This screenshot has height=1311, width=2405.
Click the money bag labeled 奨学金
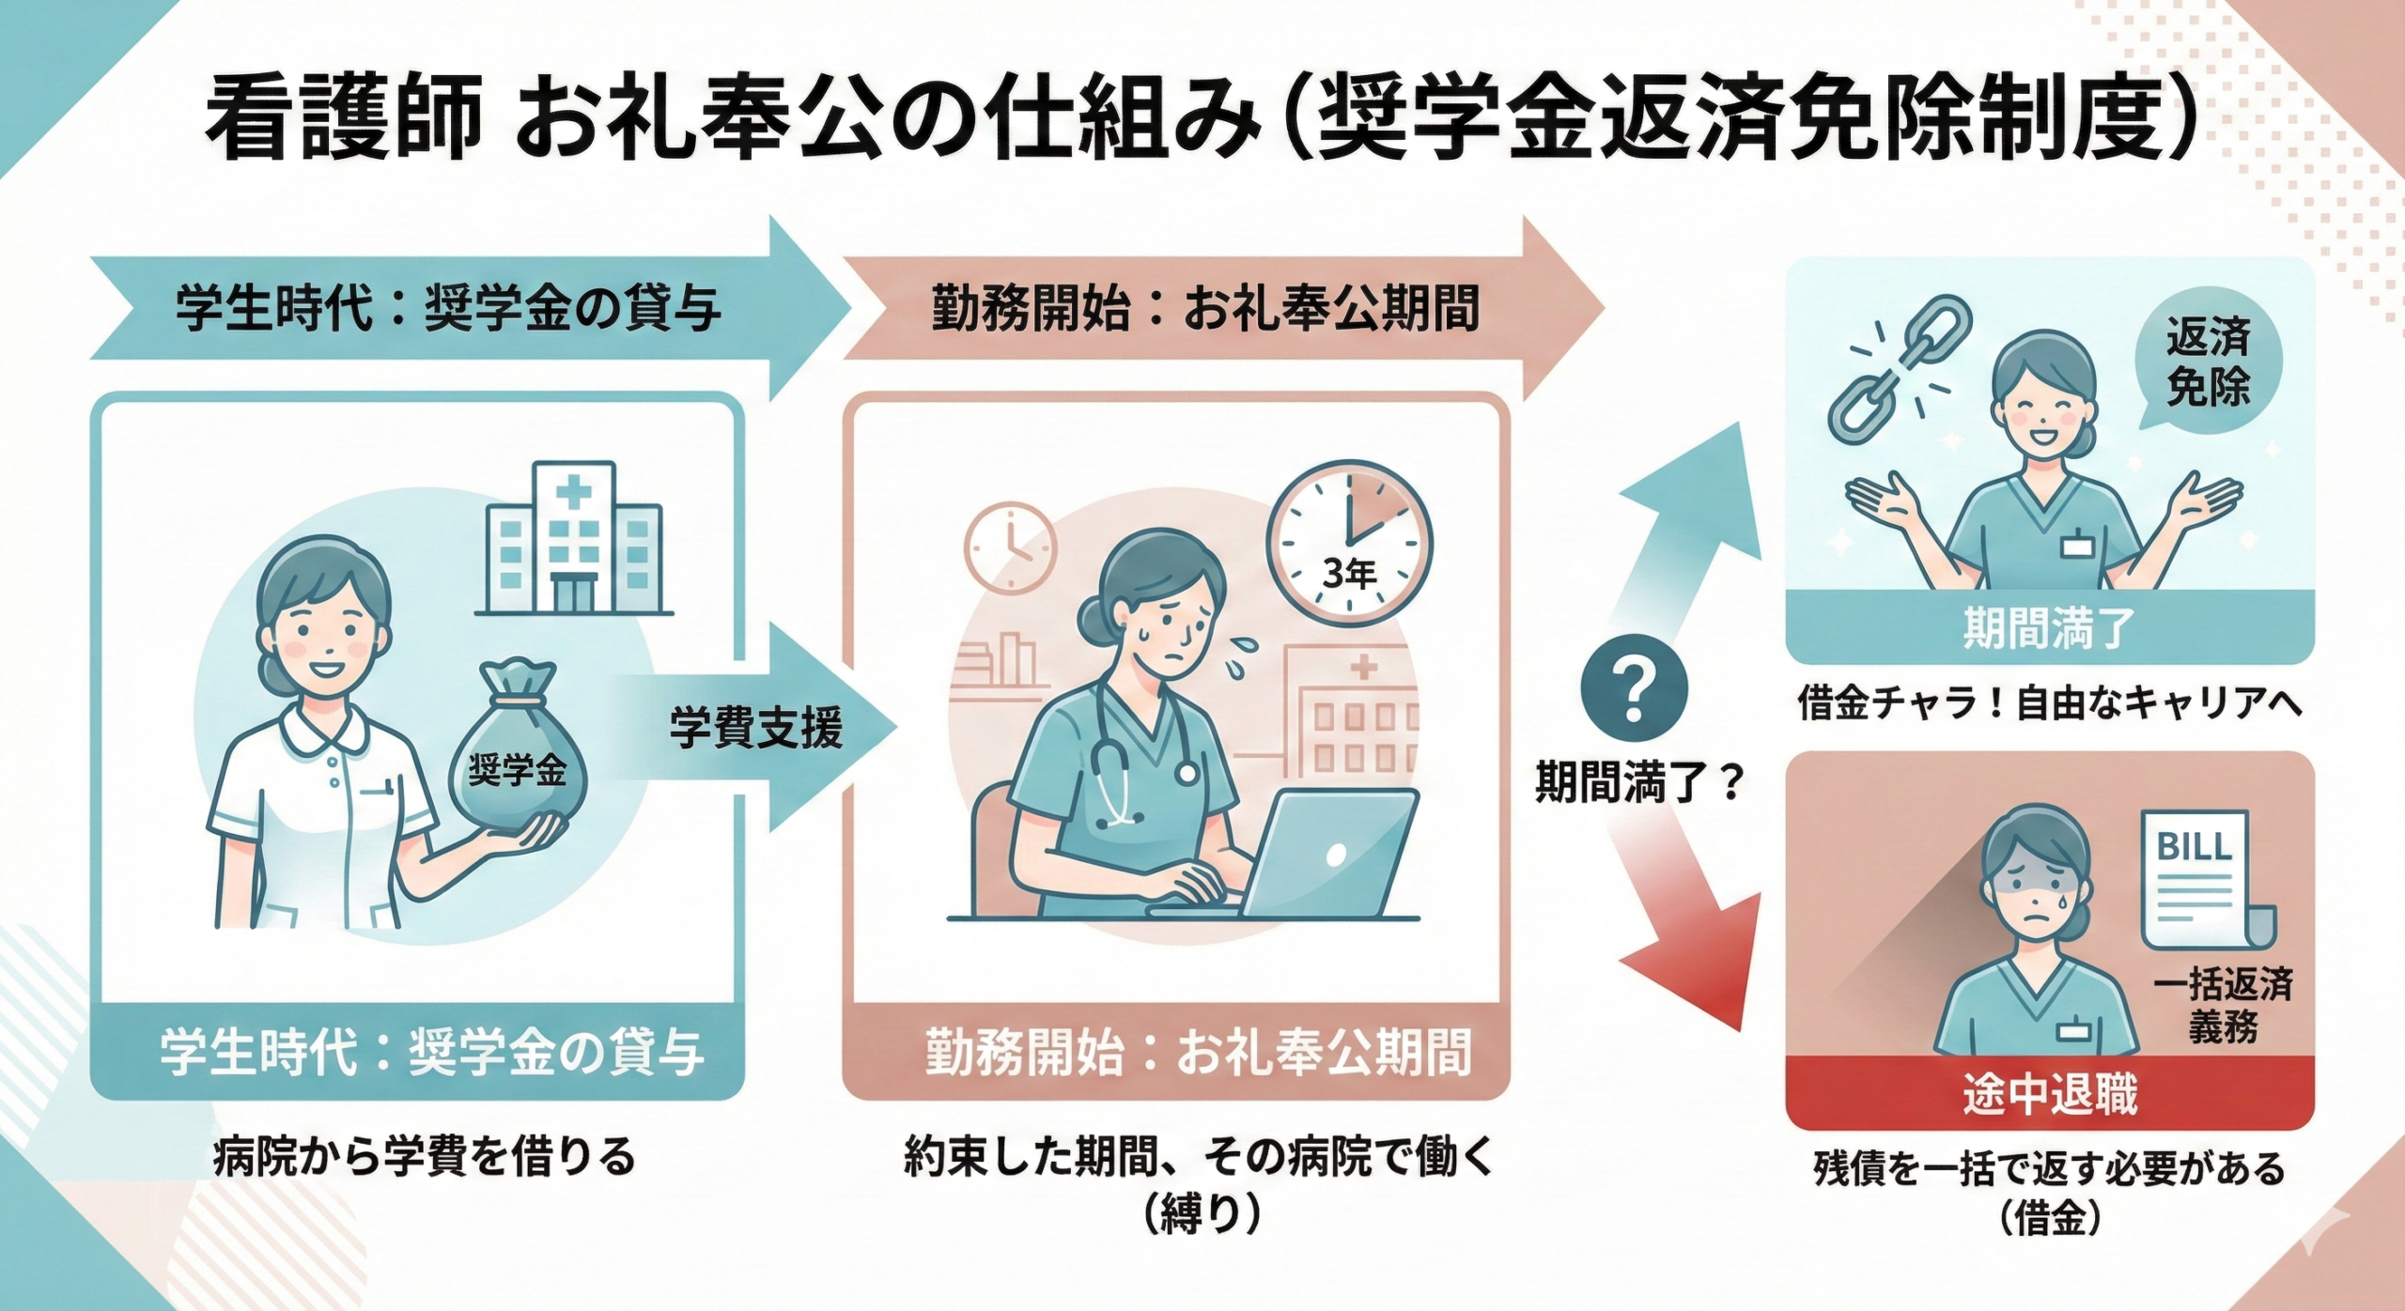pyautogui.click(x=518, y=751)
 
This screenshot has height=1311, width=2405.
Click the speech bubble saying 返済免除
pyautogui.click(x=2209, y=362)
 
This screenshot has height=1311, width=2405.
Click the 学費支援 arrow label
pyautogui.click(x=756, y=728)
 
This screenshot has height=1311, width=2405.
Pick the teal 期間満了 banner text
pyautogui.click(x=2049, y=628)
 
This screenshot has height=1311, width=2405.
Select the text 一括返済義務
pyautogui.click(x=2222, y=1005)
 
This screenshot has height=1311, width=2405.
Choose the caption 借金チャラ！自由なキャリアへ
pyautogui.click(x=2049, y=702)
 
